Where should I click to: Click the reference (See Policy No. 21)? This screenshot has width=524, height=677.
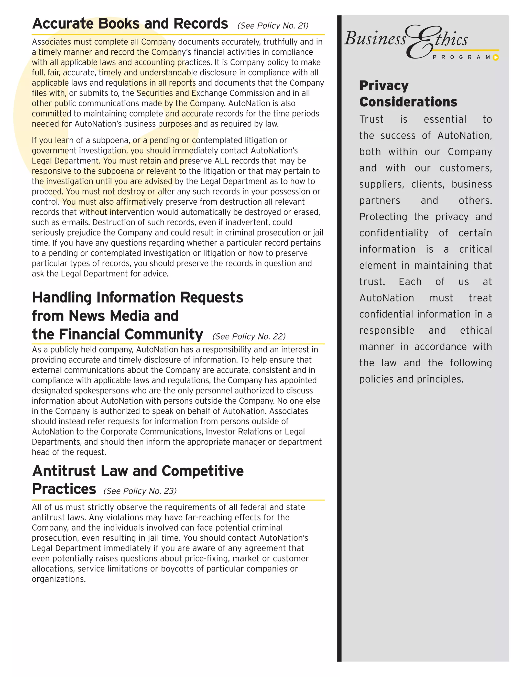click(273, 26)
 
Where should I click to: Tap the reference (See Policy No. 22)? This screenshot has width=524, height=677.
click(249, 337)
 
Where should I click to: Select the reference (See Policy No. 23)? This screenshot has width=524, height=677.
click(140, 491)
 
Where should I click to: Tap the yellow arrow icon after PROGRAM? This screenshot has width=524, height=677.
click(496, 57)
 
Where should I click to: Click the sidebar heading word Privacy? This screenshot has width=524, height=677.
click(384, 86)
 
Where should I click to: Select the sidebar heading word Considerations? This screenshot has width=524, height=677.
click(408, 102)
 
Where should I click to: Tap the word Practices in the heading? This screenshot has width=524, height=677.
click(64, 489)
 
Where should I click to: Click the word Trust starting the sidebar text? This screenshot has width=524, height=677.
click(371, 119)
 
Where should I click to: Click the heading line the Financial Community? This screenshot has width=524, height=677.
click(117, 334)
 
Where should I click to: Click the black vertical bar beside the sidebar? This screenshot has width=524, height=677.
click(339, 341)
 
